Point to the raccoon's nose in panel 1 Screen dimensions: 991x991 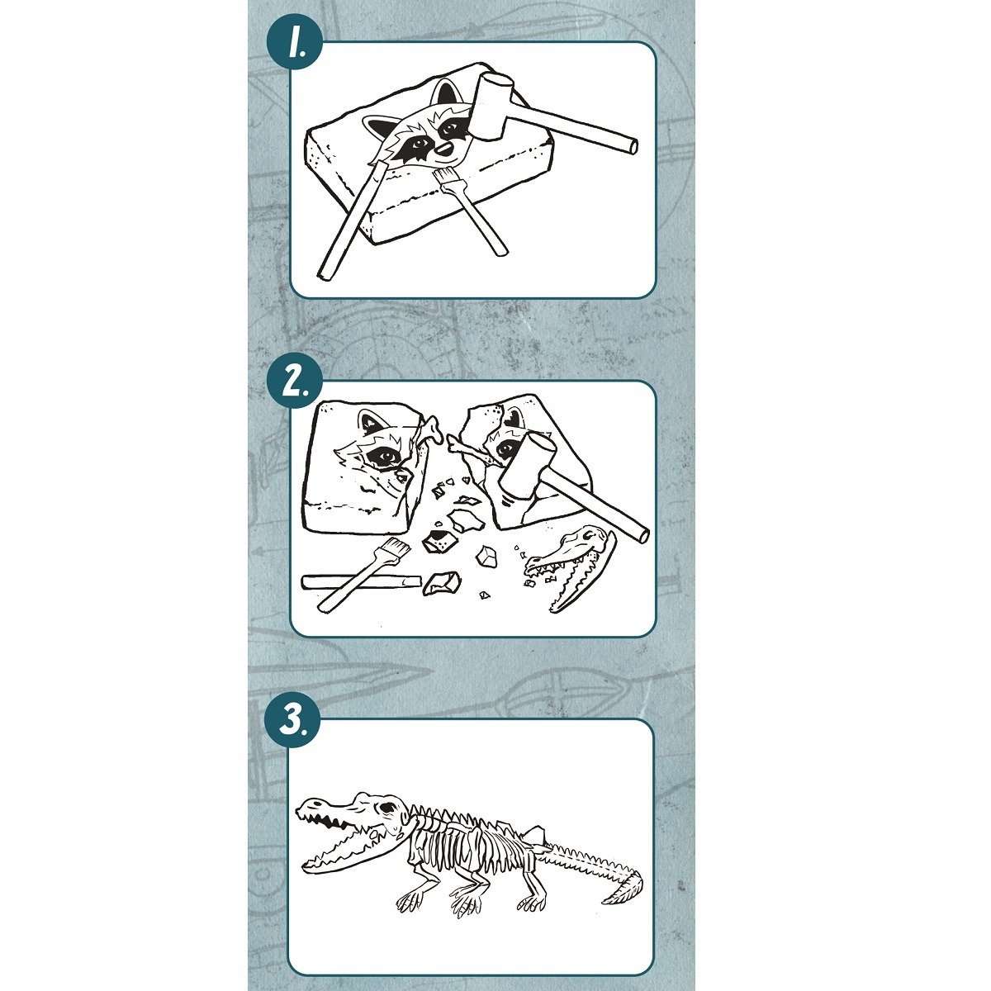point(443,149)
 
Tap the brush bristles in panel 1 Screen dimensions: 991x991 point(446,178)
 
